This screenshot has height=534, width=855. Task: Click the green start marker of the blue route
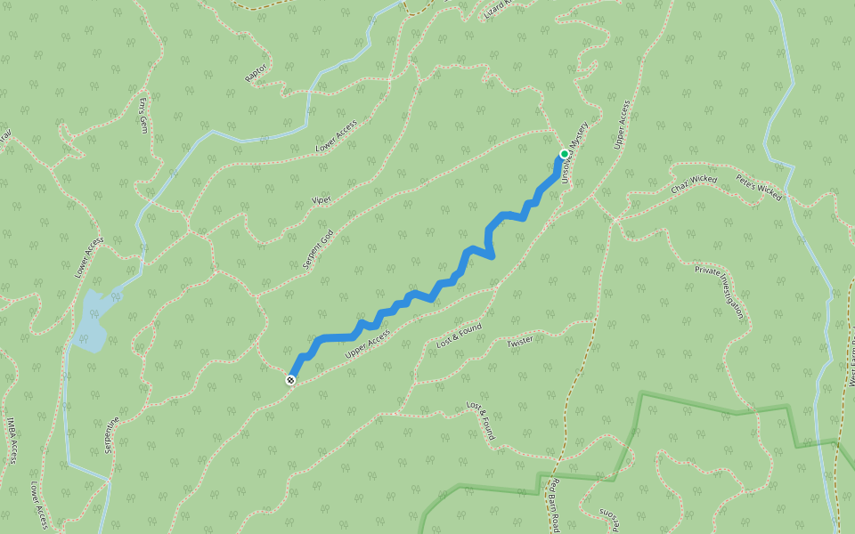click(564, 154)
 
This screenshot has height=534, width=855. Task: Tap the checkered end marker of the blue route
click(290, 381)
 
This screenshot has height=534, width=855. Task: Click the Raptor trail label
click(256, 73)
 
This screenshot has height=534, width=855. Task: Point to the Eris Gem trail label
click(143, 115)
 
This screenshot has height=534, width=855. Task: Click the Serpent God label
click(317, 250)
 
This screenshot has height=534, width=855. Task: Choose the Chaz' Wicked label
click(694, 185)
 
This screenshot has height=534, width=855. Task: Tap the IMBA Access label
click(12, 441)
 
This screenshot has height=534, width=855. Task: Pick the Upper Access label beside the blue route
click(367, 344)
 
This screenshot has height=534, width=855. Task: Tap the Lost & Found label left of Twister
click(460, 335)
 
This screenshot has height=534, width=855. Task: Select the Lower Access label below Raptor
click(337, 135)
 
